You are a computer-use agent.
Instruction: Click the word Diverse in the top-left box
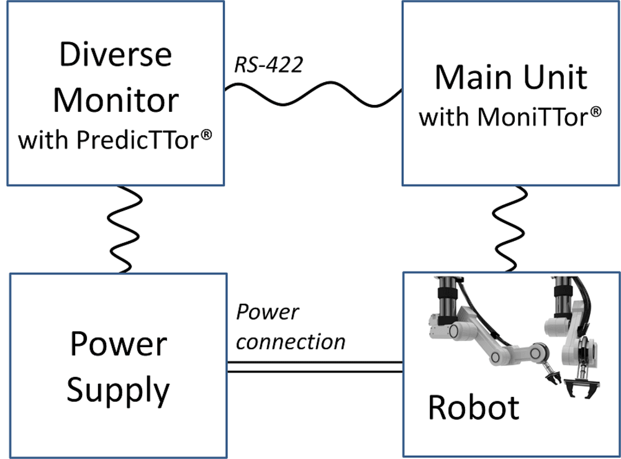click(x=116, y=55)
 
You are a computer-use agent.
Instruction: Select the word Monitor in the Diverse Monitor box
click(x=116, y=99)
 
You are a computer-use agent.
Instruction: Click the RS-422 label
click(x=268, y=65)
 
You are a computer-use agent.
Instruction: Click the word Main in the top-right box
click(x=472, y=78)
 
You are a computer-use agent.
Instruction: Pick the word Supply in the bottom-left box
click(x=118, y=390)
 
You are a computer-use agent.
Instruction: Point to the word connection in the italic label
click(x=291, y=341)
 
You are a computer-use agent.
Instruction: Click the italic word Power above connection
click(x=268, y=312)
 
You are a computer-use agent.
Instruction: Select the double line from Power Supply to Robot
click(x=314, y=367)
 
